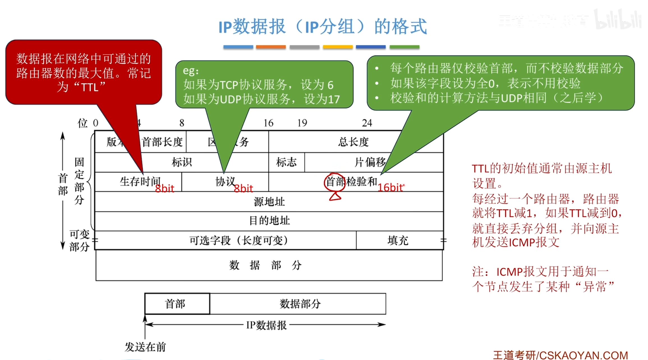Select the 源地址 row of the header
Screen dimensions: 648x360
tap(269, 201)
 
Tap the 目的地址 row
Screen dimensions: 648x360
tap(269, 221)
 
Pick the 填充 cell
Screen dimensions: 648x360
tap(398, 240)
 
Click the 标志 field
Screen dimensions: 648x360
tap(286, 162)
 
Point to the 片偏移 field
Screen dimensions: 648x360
tap(370, 162)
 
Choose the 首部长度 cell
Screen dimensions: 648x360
tap(162, 142)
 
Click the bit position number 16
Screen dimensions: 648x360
tap(268, 123)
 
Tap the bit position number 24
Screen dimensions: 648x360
tap(367, 123)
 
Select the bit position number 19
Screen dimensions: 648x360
tap(302, 123)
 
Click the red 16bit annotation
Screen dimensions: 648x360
tap(390, 187)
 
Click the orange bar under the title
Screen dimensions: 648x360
tap(271, 47)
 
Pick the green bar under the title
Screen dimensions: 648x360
tap(404, 47)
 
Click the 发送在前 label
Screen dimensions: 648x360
tap(145, 347)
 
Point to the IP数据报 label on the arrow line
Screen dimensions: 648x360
tap(266, 325)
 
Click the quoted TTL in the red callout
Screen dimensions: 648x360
tap(89, 87)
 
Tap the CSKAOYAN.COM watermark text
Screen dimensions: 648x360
tap(583, 355)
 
